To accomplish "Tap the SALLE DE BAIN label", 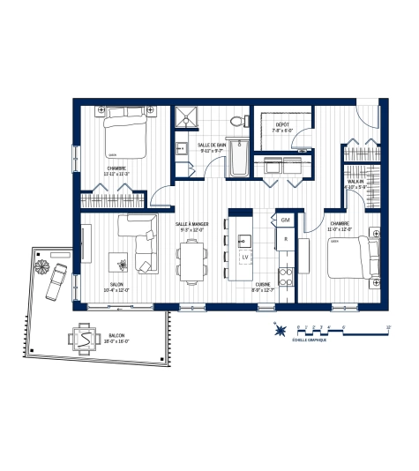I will [x=213, y=146].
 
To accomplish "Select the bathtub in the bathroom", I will [x=238, y=160].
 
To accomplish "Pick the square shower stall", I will [x=186, y=116].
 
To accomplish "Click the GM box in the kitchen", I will [x=285, y=219].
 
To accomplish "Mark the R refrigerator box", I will [x=284, y=239].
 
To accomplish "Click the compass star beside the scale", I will [x=281, y=333].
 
